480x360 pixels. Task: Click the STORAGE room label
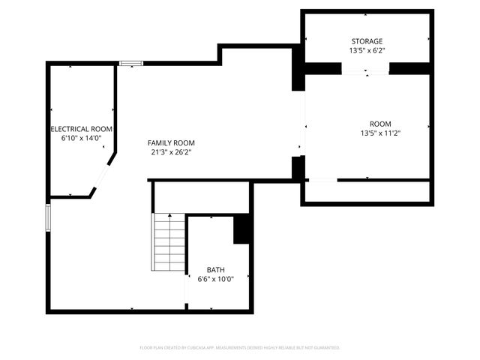[367, 41]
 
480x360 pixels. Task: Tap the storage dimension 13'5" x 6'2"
[367, 51]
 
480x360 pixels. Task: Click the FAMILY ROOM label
[171, 142]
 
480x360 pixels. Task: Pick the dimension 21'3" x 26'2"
[171, 152]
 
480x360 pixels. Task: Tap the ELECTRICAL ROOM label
[81, 129]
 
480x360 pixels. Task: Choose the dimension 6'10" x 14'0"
[81, 139]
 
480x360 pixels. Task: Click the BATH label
[216, 270]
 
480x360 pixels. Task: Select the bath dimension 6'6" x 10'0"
[216, 280]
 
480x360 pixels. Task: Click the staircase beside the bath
[169, 243]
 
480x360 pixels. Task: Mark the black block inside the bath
[242, 229]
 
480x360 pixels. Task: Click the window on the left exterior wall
[49, 217]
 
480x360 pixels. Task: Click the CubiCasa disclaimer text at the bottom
[240, 348]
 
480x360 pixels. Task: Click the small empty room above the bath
[201, 197]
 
